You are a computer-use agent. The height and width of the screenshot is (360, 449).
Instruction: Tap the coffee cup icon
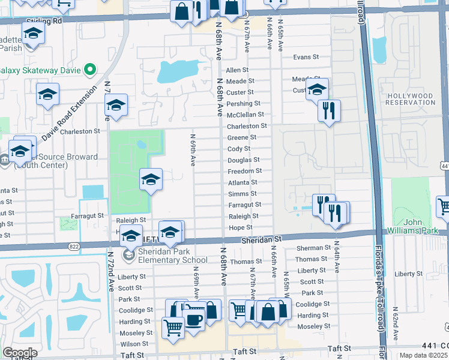click(x=193, y=318)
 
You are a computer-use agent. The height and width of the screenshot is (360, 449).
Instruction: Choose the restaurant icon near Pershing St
click(x=328, y=111)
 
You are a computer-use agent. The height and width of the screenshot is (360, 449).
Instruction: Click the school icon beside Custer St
click(x=317, y=91)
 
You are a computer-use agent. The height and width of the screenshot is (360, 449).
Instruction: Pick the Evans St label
click(x=306, y=57)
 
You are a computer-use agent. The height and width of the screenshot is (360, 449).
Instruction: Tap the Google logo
click(x=20, y=353)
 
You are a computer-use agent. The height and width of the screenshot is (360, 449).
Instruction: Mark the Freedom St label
click(x=243, y=172)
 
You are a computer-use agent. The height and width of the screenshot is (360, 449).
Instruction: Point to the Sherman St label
click(x=314, y=248)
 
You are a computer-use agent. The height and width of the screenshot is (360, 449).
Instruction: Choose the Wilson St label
click(x=134, y=344)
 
